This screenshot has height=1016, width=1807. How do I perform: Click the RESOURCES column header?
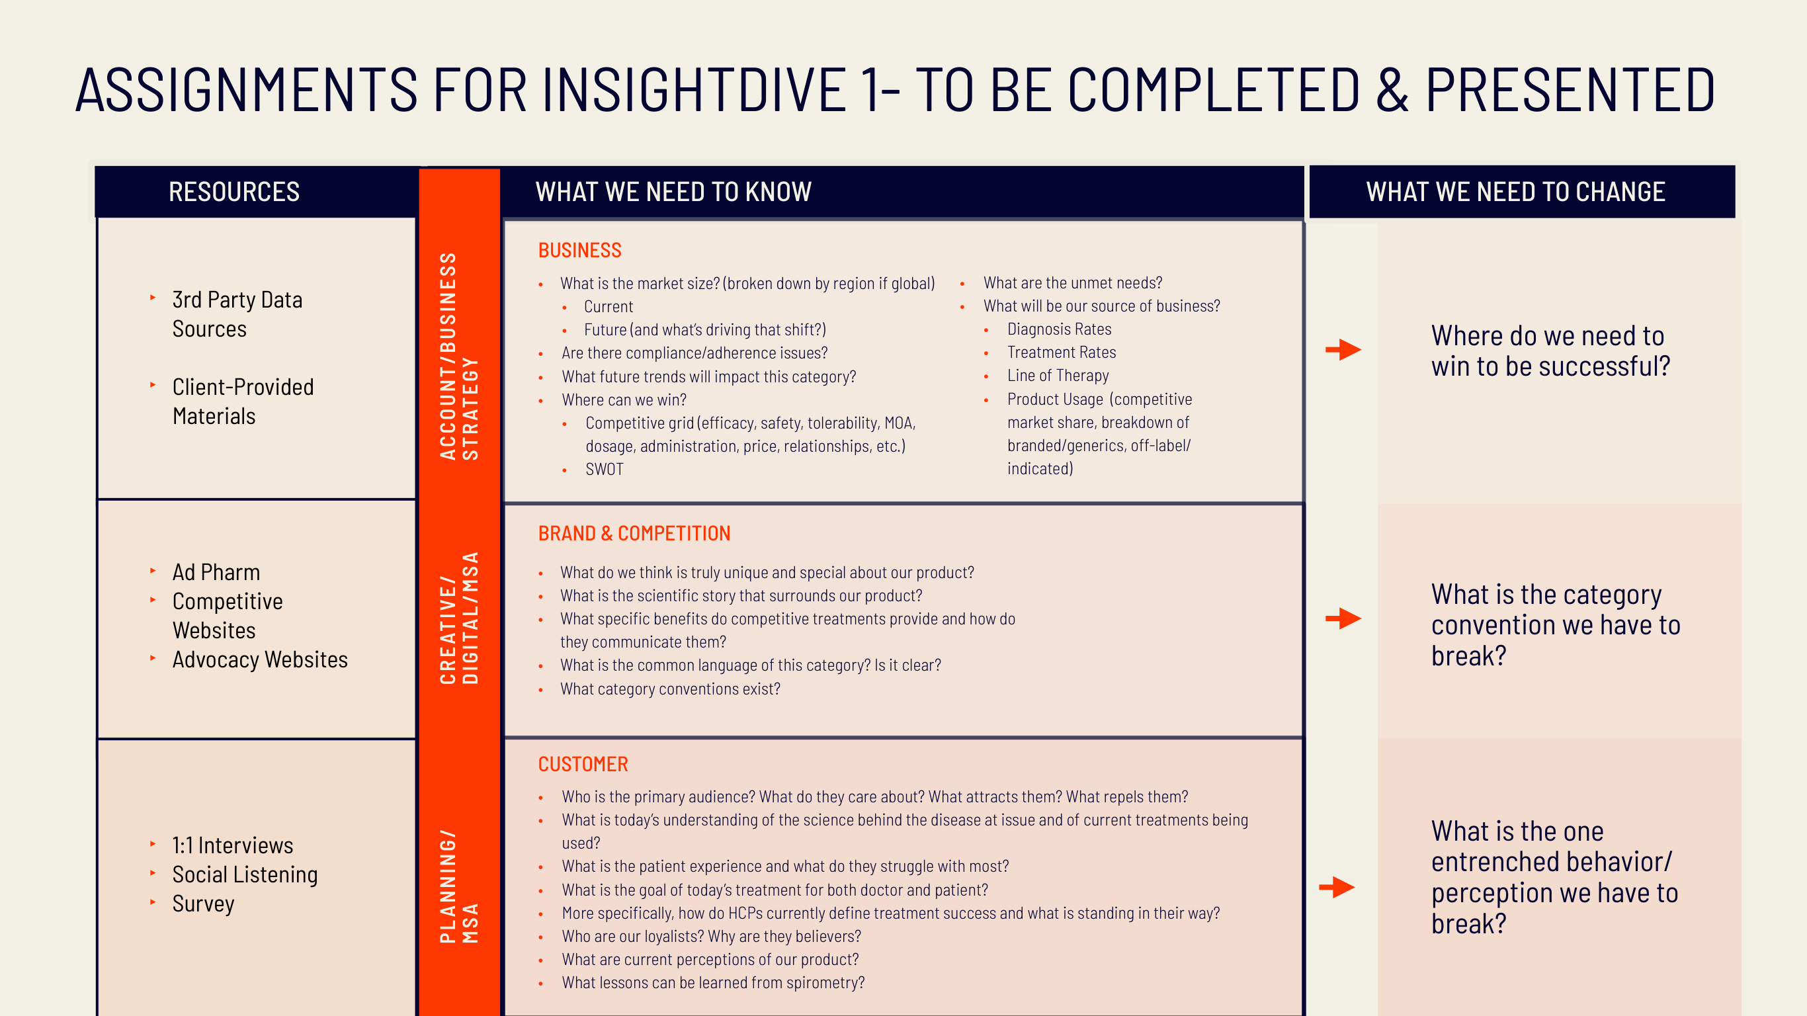coord(233,192)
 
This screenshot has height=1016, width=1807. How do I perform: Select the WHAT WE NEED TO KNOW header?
coord(673,192)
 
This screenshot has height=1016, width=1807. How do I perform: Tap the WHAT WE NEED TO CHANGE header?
coord(1515,192)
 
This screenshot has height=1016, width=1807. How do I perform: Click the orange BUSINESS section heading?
coord(579,251)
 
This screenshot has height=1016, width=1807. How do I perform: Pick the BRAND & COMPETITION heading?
coord(634,533)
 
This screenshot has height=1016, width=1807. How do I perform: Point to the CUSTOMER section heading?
coord(582,764)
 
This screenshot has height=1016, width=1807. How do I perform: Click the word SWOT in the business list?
coord(604,470)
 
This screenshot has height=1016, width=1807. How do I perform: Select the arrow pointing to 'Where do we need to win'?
coord(1343,349)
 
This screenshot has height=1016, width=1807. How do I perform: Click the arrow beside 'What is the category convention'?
coord(1343,618)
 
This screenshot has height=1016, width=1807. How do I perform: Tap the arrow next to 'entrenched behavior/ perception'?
coord(1336,887)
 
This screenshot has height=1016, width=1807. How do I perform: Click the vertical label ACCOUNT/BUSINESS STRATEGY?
coord(459,356)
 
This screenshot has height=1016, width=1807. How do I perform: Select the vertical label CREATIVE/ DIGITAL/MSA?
coord(459,617)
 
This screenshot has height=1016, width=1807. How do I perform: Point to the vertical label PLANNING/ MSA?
coord(459,886)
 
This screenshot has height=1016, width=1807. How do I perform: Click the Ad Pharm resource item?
coord(216,573)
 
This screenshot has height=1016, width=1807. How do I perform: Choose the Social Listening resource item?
coord(245,874)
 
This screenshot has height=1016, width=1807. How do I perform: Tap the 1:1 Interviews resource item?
coord(232,845)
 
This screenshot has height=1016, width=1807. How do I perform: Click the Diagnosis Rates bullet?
coord(1059,329)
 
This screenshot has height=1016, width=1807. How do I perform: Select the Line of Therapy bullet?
coord(1058,376)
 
